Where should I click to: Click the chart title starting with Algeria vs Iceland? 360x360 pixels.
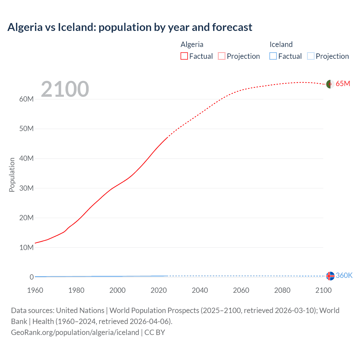(130, 27)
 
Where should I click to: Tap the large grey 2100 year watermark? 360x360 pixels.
(65, 89)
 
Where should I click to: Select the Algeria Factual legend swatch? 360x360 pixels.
(184, 56)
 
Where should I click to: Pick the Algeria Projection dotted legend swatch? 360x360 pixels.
(222, 56)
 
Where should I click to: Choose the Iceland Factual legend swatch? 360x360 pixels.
(273, 56)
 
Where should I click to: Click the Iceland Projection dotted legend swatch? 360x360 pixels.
(311, 56)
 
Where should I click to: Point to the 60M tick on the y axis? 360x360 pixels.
(26, 99)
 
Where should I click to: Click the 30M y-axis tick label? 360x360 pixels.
(26, 188)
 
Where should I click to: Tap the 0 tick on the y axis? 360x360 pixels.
(31, 277)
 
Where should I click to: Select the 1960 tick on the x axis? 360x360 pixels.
(35, 290)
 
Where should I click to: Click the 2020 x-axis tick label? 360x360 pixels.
(159, 290)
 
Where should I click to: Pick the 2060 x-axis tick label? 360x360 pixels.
(241, 290)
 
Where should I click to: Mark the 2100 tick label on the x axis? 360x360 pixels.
(323, 290)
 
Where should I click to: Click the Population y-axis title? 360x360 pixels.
(12, 175)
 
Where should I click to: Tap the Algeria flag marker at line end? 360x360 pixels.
(330, 84)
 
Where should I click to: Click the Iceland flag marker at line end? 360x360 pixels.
(330, 276)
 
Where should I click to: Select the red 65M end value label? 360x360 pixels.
(343, 84)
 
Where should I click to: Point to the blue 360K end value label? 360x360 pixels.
(344, 275)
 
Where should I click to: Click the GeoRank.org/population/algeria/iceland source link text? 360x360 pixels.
(75, 332)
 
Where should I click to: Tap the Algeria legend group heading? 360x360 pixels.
(192, 44)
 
